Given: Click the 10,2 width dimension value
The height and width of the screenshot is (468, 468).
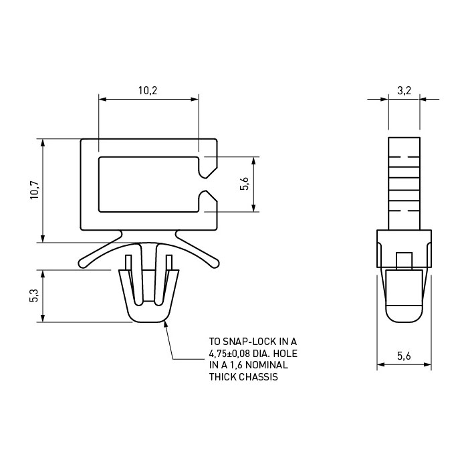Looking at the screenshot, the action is point(148,90).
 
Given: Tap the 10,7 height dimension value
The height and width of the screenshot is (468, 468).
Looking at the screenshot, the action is point(35,190).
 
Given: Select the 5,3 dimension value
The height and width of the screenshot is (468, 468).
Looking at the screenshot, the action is point(34,296).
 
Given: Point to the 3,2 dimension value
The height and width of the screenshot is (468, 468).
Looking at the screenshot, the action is point(404,90).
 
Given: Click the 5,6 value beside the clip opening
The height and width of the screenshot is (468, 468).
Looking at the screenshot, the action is point(244,184).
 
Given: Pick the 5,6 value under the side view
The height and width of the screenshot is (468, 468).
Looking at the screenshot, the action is point(404,356).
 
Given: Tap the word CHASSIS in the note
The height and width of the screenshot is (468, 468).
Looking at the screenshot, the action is point(259,377).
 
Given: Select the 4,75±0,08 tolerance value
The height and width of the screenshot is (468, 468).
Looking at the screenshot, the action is point(229,354).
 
